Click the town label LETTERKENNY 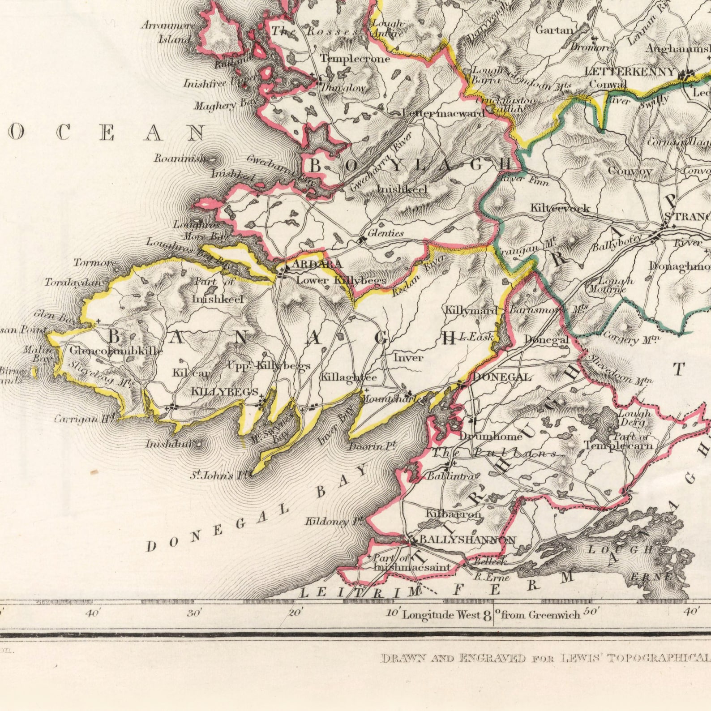tap(629, 72)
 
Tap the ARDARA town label tap(317, 265)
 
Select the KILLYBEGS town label tap(224, 391)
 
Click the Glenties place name tap(385, 233)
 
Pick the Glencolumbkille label tap(116, 351)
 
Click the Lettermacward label tap(443, 113)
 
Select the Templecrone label tap(355, 59)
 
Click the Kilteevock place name tap(560, 208)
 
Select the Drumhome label tap(490, 436)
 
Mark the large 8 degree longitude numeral tap(487, 615)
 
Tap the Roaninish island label tap(179, 158)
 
